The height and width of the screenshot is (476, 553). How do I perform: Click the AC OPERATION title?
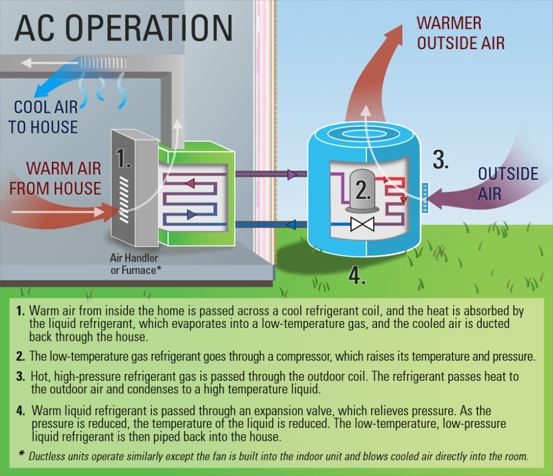pyautogui.click(x=124, y=28)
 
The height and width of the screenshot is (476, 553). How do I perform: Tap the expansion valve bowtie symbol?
pyautogui.click(x=362, y=224)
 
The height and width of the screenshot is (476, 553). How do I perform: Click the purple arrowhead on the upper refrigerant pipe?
pyautogui.click(x=292, y=175)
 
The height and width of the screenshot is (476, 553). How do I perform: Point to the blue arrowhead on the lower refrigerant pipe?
pyautogui.click(x=291, y=224)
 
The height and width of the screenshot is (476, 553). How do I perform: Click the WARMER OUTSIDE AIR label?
pyautogui.click(x=461, y=33)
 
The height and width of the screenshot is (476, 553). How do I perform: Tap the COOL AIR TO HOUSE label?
pyautogui.click(x=43, y=117)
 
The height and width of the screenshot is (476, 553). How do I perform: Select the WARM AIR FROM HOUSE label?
pyautogui.click(x=56, y=178)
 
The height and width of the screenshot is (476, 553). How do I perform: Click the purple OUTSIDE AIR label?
pyautogui.click(x=508, y=184)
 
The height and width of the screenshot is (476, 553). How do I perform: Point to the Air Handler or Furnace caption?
pyautogui.click(x=136, y=264)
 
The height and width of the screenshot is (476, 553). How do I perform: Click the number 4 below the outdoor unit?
pyautogui.click(x=357, y=275)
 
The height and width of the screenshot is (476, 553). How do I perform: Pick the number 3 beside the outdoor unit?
pyautogui.click(x=441, y=159)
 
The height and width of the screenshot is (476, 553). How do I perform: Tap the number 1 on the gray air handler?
pyautogui.click(x=123, y=158)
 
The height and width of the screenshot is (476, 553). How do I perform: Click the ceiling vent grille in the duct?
pyautogui.click(x=103, y=63)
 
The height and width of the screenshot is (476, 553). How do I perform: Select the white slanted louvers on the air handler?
pyautogui.click(x=124, y=200)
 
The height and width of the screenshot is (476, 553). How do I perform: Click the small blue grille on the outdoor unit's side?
pyautogui.click(x=425, y=198)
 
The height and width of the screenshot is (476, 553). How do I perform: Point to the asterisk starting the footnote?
pyautogui.click(x=21, y=453)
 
